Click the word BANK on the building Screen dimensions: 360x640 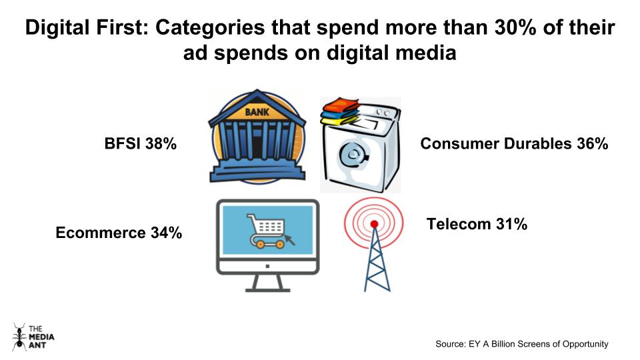257,111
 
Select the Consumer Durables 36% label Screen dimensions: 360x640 514,143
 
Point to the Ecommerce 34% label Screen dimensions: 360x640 119,233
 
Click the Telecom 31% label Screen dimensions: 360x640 477,225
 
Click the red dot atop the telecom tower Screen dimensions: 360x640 374,223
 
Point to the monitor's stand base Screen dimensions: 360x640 267,287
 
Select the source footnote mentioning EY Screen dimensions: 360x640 521,344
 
